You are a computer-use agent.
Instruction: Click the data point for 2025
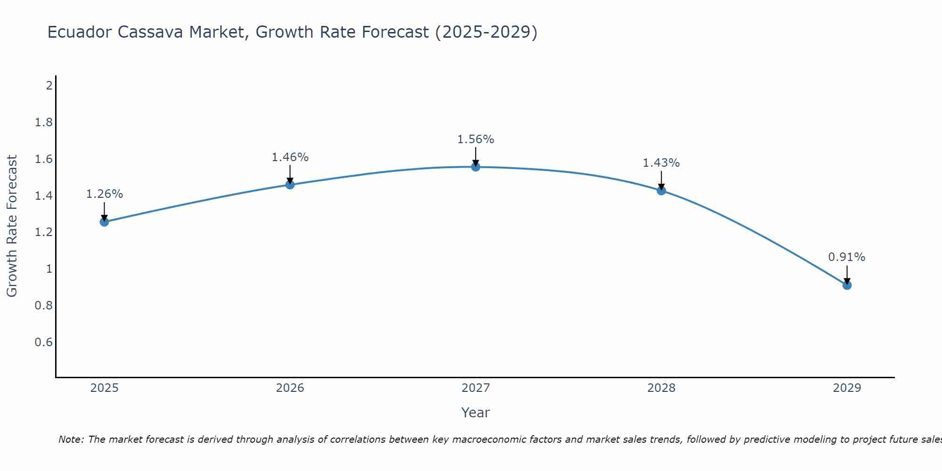click(105, 222)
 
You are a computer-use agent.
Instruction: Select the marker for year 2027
click(476, 167)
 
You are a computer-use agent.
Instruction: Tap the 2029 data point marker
click(847, 285)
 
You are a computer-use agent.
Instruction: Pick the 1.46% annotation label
click(290, 157)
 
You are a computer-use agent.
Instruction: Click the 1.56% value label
click(476, 139)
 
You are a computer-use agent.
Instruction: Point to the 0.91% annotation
click(847, 257)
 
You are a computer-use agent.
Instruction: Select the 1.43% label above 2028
click(661, 163)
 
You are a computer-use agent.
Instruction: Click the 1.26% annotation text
click(105, 194)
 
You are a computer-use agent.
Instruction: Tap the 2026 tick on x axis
click(290, 388)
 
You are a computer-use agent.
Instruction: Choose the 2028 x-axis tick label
click(661, 388)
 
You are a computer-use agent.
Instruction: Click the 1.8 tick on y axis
click(44, 122)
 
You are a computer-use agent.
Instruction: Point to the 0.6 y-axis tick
click(44, 342)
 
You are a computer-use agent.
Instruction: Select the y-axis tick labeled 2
click(49, 86)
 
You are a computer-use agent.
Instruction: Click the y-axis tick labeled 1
click(49, 269)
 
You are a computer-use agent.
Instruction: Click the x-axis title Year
click(476, 413)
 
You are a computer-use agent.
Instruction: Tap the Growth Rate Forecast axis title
click(12, 226)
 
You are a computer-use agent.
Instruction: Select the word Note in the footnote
click(71, 439)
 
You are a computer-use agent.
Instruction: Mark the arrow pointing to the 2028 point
click(661, 180)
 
